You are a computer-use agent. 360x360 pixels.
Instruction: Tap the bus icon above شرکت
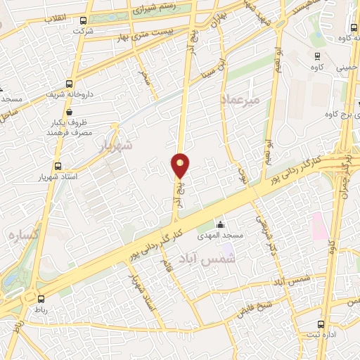pyautogui.click(x=84, y=21)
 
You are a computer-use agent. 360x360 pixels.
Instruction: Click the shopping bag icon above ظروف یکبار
pyautogui.click(x=68, y=111)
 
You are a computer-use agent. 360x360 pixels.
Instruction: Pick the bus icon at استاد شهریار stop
pyautogui.click(x=59, y=167)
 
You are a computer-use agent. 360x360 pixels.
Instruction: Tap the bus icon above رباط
pyautogui.click(x=40, y=299)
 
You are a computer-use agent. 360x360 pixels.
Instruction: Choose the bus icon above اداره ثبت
pyautogui.click(x=321, y=325)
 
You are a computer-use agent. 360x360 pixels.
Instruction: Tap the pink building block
pyautogui.click(x=318, y=225)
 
